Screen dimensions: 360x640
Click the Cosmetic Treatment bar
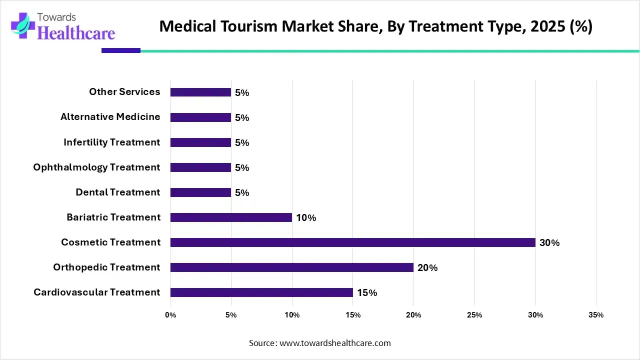(352, 242)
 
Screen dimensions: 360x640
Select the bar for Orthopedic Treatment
(291, 267)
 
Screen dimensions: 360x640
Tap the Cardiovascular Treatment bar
(261, 292)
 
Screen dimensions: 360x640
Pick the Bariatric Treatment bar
(231, 217)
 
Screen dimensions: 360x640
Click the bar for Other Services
(200, 92)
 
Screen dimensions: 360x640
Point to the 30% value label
(549, 243)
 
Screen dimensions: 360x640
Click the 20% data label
(427, 268)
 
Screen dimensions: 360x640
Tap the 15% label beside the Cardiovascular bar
(367, 293)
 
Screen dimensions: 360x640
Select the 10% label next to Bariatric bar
(306, 218)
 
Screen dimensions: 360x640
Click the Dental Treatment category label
(118, 192)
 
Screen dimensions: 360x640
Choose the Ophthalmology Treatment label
(97, 167)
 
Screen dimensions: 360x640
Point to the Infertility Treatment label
(112, 142)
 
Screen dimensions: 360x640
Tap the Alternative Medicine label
(110, 117)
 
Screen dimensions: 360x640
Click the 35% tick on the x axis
(596, 315)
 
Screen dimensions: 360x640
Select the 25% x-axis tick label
(474, 315)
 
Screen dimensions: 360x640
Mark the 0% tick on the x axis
(170, 315)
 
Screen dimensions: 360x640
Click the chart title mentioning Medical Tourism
(375, 26)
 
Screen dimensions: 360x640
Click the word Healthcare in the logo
(76, 33)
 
